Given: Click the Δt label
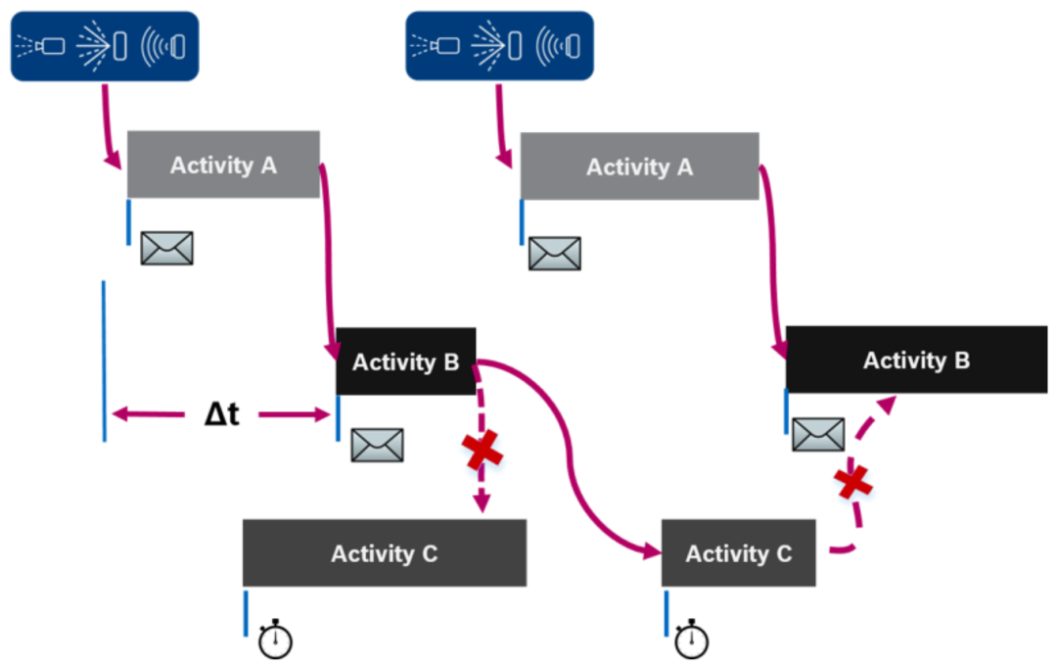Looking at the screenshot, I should pyautogui.click(x=222, y=414).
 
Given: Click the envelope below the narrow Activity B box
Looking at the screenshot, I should pyautogui.click(x=377, y=446).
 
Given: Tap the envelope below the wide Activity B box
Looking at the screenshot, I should pyautogui.click(x=817, y=434).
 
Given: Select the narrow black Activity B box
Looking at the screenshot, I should pyautogui.click(x=406, y=361).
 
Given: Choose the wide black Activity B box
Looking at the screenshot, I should pyautogui.click(x=916, y=360).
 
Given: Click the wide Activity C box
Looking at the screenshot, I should pyautogui.click(x=385, y=553).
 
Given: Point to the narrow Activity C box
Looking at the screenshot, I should pyautogui.click(x=738, y=553).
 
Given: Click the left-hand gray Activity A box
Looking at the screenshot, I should pyautogui.click(x=223, y=165).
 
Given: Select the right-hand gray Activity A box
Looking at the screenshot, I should pyautogui.click(x=639, y=167).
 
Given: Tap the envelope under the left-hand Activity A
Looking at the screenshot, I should pyautogui.click(x=166, y=249).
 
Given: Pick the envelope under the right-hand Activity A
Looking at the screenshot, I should pyautogui.click(x=554, y=254).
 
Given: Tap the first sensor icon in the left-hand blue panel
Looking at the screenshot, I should pyautogui.click(x=42, y=45).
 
